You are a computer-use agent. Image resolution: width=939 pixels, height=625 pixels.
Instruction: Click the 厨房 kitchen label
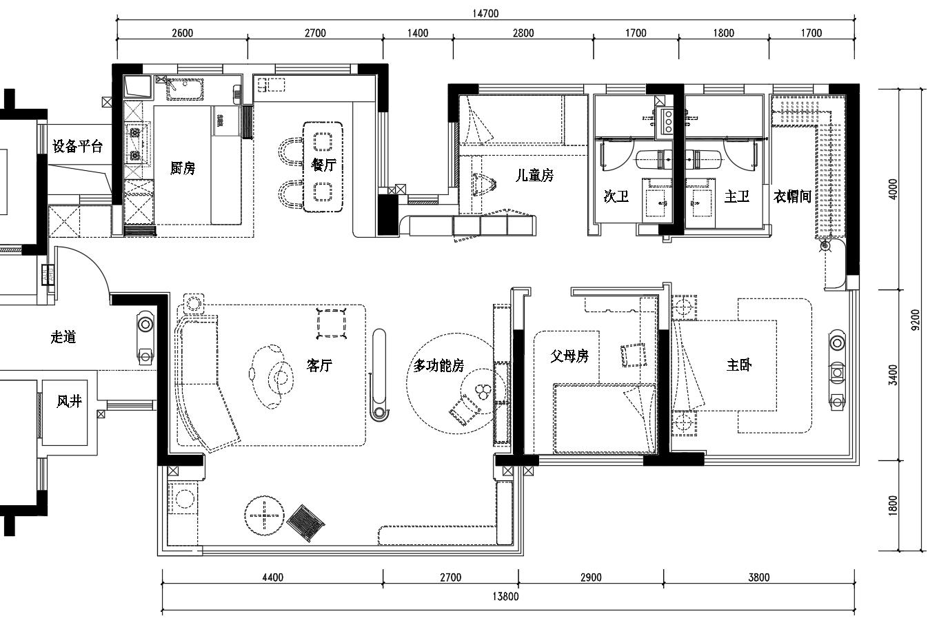183,168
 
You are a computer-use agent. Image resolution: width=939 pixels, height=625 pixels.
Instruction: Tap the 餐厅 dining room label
323,165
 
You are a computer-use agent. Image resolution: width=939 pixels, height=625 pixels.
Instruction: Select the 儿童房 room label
534,175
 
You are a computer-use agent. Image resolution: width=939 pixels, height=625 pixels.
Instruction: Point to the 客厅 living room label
319,366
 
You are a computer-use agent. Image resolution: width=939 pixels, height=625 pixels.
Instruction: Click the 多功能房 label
438,366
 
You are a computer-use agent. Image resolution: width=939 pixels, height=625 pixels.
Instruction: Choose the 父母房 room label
569,356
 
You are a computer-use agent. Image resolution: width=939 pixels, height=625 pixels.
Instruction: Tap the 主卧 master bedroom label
739,365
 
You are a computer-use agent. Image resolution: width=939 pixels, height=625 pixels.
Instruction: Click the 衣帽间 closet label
792,196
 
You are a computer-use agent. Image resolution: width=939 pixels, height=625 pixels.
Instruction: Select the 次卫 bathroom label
616,196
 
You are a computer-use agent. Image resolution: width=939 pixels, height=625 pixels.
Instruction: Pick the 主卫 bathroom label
737,196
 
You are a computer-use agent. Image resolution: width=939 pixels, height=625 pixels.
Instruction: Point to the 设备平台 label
77,146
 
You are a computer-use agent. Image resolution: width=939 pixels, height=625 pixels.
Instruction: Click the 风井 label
69,401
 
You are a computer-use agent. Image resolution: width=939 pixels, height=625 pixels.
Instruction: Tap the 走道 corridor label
63,337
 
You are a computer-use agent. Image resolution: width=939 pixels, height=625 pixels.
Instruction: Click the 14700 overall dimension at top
485,13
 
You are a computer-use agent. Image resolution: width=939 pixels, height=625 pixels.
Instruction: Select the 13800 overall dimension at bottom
505,596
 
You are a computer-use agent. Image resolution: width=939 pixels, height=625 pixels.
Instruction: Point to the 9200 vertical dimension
916,320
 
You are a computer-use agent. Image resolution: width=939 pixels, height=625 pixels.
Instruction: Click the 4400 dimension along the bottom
273,577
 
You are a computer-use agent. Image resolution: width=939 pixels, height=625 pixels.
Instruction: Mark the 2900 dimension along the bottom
591,577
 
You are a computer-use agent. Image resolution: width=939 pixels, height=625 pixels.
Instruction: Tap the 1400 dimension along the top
418,32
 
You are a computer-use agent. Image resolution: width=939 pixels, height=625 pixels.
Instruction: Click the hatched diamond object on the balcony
306,523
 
